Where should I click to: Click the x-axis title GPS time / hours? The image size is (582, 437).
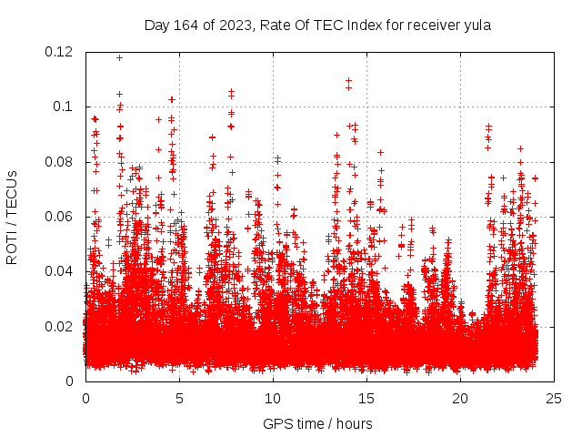point(317,423)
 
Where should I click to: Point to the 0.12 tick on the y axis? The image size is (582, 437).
point(60,52)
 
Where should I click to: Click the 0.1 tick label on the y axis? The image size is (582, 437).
point(65,107)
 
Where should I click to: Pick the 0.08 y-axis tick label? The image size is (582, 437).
point(60,162)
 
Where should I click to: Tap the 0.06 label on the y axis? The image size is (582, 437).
point(60,217)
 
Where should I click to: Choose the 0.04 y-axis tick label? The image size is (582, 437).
point(60,271)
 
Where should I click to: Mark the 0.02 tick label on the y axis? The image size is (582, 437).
point(60,326)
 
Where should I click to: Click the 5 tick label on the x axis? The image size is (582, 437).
point(179,398)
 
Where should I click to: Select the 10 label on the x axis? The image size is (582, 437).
point(273,398)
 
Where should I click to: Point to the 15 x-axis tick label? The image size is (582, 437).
point(366,398)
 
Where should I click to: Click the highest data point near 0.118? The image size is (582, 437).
point(119,57)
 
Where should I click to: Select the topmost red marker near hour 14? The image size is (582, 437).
point(348,80)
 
